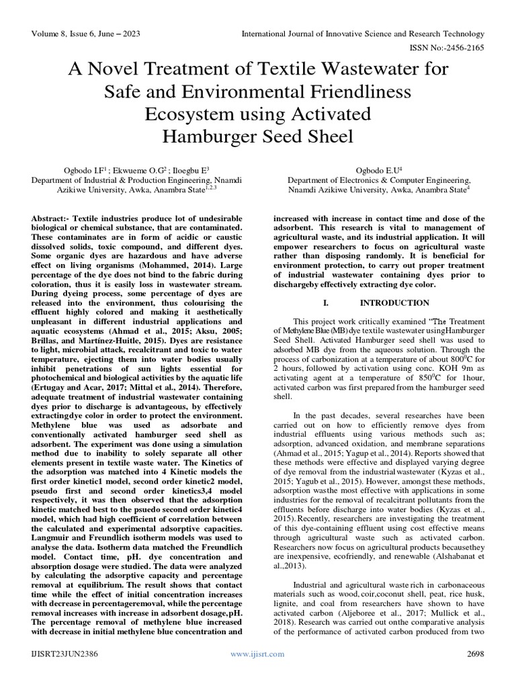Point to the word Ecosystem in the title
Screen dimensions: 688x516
tap(190, 114)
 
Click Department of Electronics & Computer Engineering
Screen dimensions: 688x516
tap(380, 181)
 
